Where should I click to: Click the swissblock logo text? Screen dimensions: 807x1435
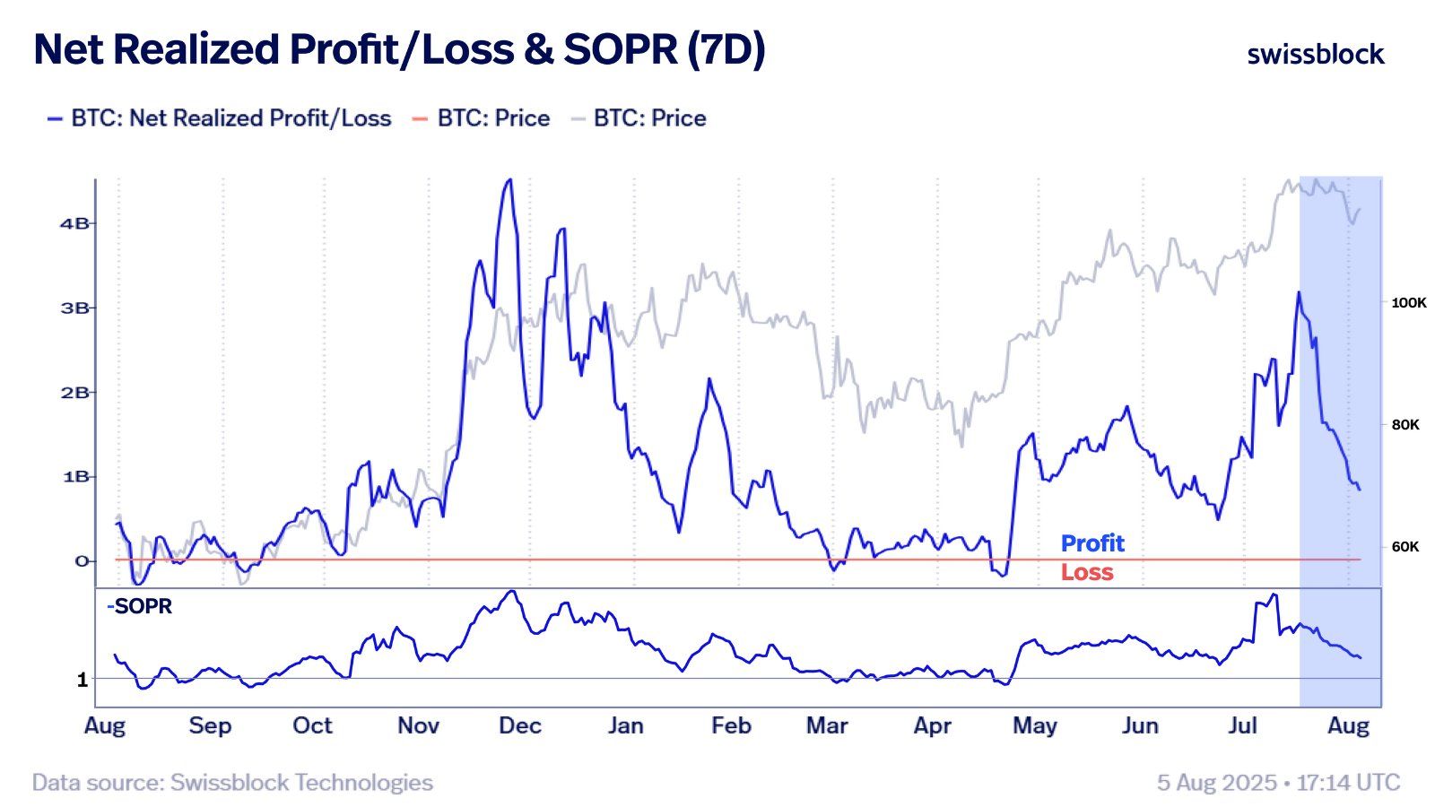pos(1316,55)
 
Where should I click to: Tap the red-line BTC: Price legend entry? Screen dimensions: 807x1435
pos(492,118)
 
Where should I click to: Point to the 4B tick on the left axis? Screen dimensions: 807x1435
pos(74,223)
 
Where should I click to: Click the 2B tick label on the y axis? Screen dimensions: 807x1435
pos(74,392)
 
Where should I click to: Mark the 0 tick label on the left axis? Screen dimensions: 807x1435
pos(82,561)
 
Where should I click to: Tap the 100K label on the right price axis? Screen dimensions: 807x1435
pos(1408,303)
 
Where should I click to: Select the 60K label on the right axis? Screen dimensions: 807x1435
pos(1405,546)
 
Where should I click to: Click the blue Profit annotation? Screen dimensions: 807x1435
pos(1091,543)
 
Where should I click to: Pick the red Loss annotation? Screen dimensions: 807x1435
pos(1086,572)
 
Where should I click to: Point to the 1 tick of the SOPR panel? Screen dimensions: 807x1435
pos(83,680)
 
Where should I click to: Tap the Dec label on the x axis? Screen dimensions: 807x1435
pos(520,725)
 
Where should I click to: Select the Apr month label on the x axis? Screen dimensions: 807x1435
pos(932,725)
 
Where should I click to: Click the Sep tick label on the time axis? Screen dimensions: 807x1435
pos(210,725)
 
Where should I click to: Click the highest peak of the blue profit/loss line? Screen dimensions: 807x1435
pos(509,180)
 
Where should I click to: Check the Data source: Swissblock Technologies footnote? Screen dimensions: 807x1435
pos(232,783)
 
